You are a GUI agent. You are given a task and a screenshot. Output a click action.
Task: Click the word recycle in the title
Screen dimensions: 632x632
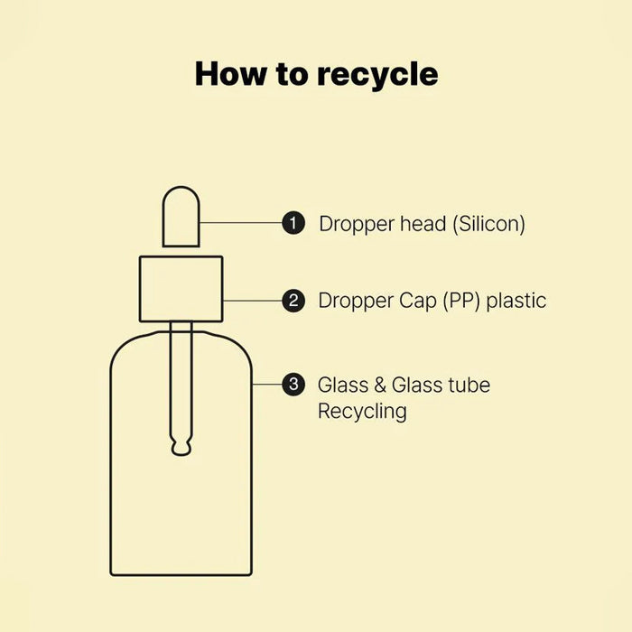pos(377,75)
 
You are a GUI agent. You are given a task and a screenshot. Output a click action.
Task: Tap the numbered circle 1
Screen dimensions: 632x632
pos(293,222)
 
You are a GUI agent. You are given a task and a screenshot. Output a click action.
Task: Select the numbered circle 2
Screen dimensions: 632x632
pos(293,301)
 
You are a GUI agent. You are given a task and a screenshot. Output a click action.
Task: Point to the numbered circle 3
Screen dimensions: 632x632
pos(293,385)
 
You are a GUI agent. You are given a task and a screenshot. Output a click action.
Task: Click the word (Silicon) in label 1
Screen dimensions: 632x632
pos(489,224)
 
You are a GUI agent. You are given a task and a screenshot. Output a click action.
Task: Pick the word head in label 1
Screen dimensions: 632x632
pos(423,223)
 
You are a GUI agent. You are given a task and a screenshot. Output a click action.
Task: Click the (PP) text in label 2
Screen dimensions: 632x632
pos(461,301)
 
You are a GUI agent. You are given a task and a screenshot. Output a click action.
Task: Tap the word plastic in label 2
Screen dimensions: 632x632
pos(516,301)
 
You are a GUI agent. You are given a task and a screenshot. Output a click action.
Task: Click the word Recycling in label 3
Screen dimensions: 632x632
pos(362,412)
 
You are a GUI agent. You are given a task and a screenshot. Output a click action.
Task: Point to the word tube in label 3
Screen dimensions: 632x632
pos(469,385)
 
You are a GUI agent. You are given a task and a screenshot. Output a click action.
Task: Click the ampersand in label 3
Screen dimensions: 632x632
pos(380,385)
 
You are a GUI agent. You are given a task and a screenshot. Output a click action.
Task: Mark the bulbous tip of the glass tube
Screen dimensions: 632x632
pos(181,446)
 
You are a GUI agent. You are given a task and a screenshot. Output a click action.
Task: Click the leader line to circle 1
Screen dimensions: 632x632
pos(241,222)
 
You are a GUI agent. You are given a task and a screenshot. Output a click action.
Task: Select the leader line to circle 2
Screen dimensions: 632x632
pos(252,301)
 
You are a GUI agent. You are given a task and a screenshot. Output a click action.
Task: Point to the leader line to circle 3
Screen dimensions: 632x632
pos(267,385)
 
